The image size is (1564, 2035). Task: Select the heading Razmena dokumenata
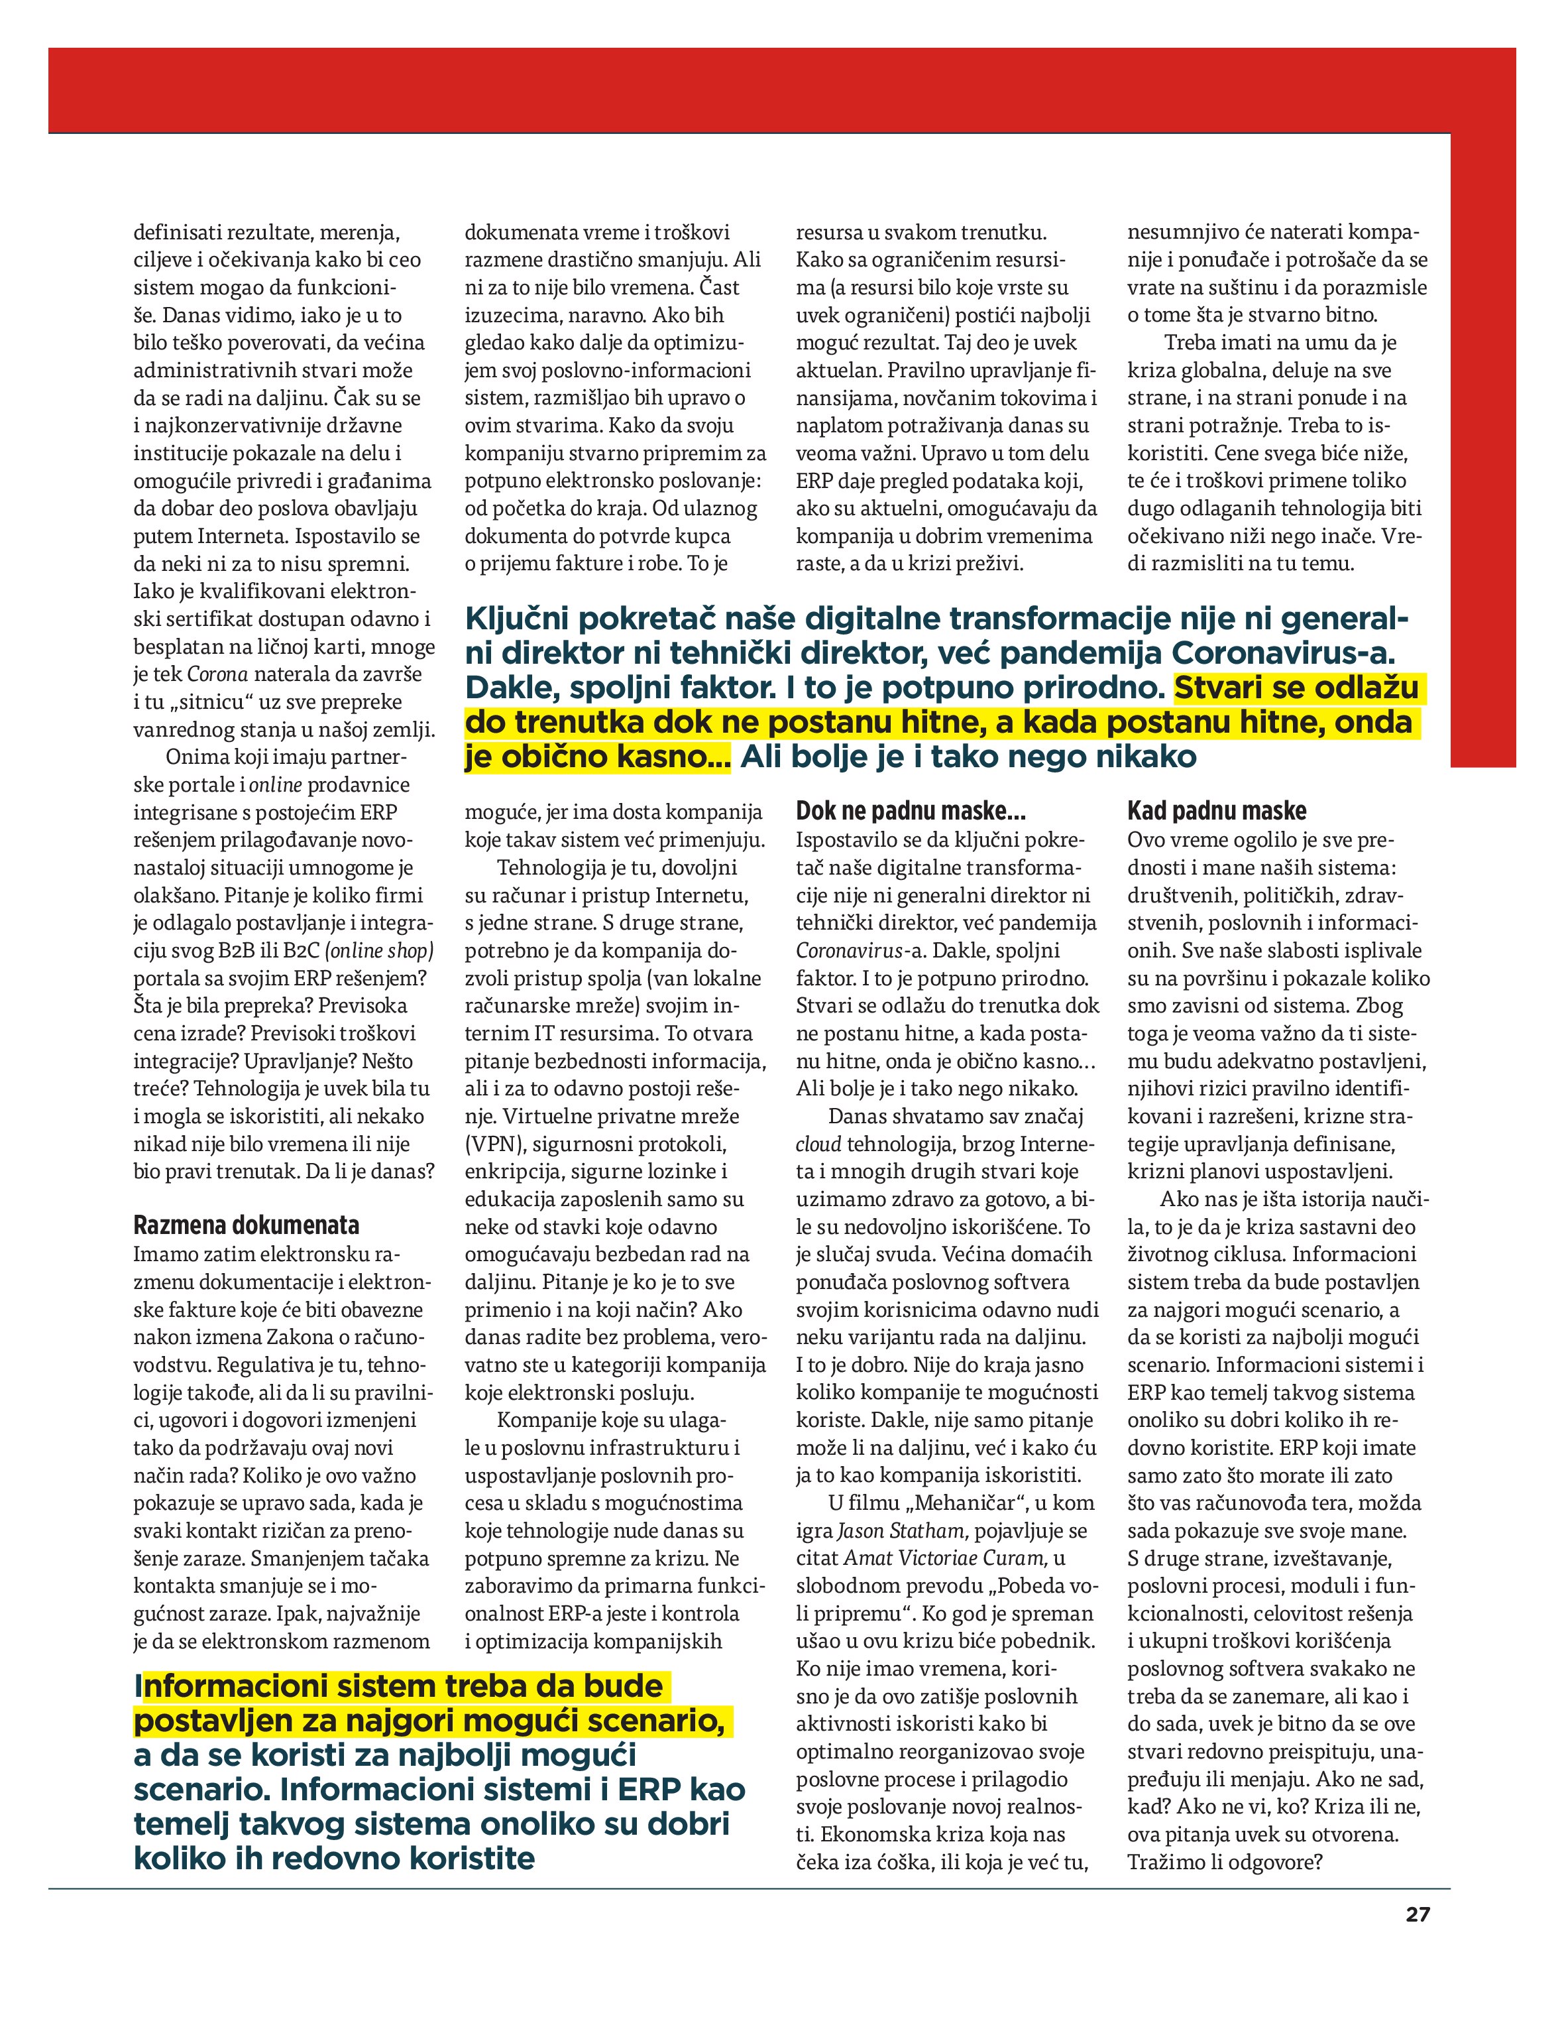[x=247, y=1225]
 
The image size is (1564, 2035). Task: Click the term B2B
[x=241, y=951]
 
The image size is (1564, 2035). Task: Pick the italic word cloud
[x=818, y=1144]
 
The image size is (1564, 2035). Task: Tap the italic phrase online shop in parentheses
[x=380, y=951]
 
